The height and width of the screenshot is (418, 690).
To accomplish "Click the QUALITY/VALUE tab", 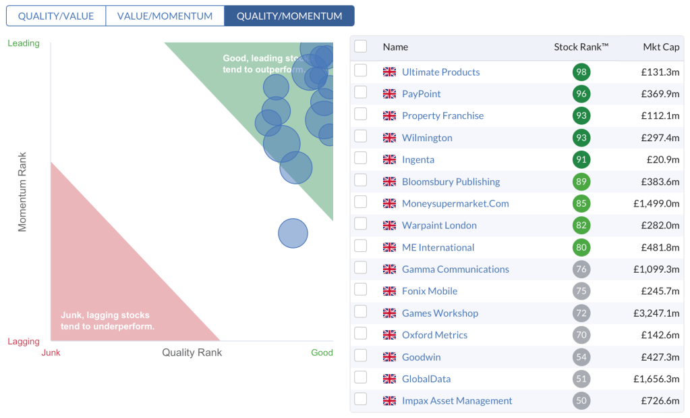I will (x=56, y=16).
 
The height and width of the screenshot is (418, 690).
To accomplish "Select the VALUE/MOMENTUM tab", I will (x=165, y=16).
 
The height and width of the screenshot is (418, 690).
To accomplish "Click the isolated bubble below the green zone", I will (x=293, y=234).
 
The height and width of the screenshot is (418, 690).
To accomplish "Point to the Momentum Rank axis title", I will (x=22, y=192).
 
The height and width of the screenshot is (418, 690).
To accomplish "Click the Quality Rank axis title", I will (x=192, y=352).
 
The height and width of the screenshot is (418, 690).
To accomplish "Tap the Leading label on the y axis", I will (x=24, y=43).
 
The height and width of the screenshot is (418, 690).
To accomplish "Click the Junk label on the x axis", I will (x=51, y=352).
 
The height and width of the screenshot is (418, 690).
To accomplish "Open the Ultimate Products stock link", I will (x=440, y=72).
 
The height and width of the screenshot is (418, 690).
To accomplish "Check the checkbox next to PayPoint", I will (x=361, y=93).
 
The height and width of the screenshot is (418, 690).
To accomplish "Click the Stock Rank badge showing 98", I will (x=581, y=72).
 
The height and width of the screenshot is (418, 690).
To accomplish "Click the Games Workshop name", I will (x=440, y=313).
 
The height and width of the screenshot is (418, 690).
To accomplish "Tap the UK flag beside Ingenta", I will (x=389, y=160).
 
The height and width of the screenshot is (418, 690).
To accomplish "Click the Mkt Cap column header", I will (x=661, y=47).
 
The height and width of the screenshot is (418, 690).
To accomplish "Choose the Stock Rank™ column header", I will (x=581, y=47).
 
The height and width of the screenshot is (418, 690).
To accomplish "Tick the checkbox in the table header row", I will (x=361, y=46).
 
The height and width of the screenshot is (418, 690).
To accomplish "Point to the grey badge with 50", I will (x=581, y=401).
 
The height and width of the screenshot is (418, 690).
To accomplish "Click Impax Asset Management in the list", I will (x=457, y=401).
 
